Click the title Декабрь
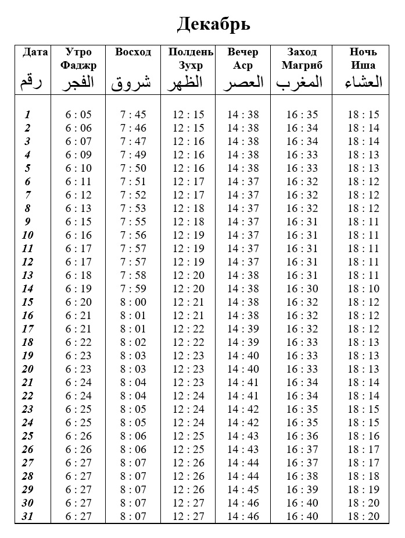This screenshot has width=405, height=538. (x=213, y=24)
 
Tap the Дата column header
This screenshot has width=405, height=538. (x=35, y=52)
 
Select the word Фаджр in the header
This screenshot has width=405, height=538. (x=78, y=65)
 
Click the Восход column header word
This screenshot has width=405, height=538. (x=133, y=52)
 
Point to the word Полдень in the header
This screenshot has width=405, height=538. (x=191, y=52)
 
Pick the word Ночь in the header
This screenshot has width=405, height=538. (x=363, y=52)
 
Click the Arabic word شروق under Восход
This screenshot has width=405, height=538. (x=131, y=83)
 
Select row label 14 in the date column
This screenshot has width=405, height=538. (x=27, y=289)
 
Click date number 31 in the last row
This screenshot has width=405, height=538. (x=27, y=516)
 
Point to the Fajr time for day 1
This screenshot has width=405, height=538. (x=78, y=115)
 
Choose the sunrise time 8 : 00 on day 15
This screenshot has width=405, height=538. (x=133, y=302)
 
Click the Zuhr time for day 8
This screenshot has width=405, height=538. (x=189, y=208)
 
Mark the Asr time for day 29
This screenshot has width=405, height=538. (x=243, y=490)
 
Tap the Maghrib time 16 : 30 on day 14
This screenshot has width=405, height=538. (x=302, y=289)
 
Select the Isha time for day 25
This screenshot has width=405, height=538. (x=363, y=436)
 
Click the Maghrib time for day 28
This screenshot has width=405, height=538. (x=302, y=476)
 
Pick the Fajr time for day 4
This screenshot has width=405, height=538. (x=78, y=155)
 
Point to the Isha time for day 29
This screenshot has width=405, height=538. (x=363, y=490)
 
